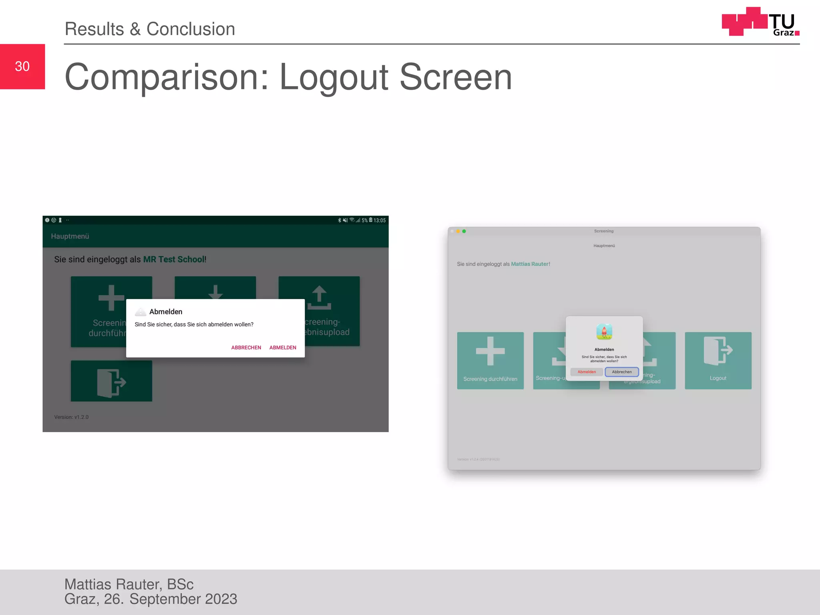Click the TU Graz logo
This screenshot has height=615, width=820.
[760, 22]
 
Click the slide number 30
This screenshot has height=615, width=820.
[22, 66]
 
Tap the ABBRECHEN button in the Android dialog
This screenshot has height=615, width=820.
[246, 348]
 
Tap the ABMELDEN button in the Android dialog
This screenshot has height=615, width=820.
[283, 348]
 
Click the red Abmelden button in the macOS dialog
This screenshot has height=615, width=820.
[587, 372]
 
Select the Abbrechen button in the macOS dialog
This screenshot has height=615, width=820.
[621, 372]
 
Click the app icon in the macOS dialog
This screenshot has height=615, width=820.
[604, 332]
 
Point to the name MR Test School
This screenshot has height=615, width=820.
[174, 259]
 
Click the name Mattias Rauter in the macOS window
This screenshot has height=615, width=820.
[529, 264]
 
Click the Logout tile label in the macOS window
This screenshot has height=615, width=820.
[718, 378]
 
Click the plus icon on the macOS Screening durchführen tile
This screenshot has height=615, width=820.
[490, 351]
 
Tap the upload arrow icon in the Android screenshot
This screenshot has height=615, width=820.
[319, 298]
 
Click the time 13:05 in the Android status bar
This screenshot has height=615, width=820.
[380, 220]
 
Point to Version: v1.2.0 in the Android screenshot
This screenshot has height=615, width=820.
[71, 417]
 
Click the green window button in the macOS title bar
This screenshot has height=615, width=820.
[464, 231]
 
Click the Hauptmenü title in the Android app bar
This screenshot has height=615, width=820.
[70, 236]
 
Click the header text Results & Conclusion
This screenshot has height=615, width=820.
[150, 29]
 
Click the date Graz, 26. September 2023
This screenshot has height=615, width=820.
[151, 599]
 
